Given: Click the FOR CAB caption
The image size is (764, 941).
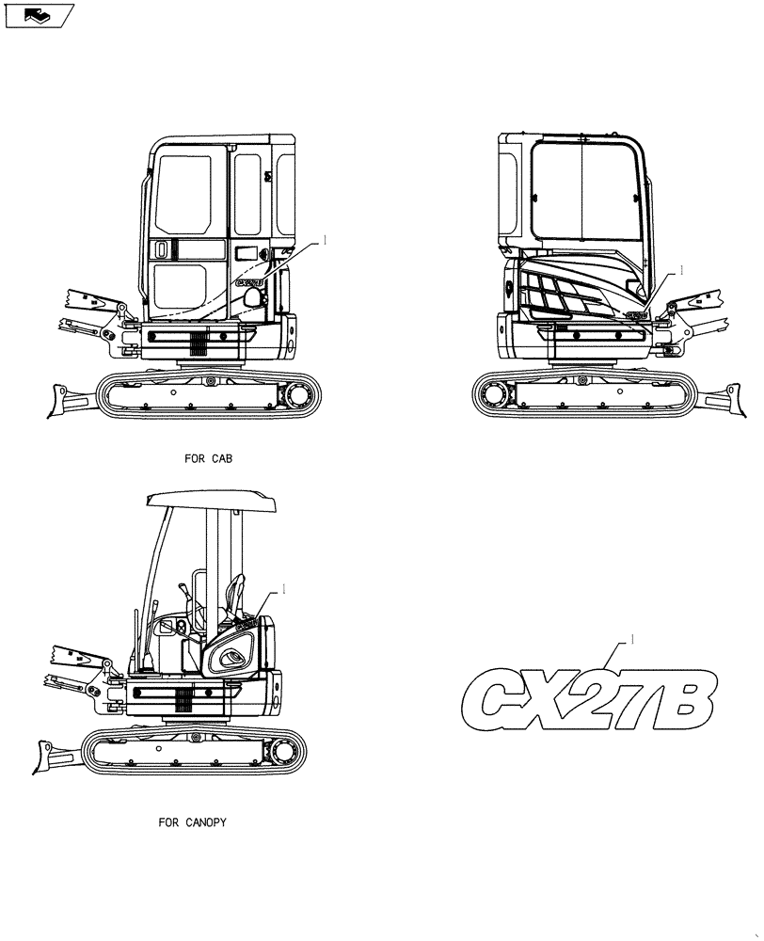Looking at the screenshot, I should click(x=209, y=460).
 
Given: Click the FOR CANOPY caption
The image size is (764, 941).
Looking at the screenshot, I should click(x=192, y=821).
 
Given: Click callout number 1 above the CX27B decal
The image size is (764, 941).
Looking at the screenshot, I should click(x=633, y=639).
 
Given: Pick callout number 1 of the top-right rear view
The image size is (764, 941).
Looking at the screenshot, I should click(x=681, y=270).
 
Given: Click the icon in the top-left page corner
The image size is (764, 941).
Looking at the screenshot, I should click(x=38, y=14).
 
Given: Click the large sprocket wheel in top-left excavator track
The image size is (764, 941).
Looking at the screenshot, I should click(x=303, y=393).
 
